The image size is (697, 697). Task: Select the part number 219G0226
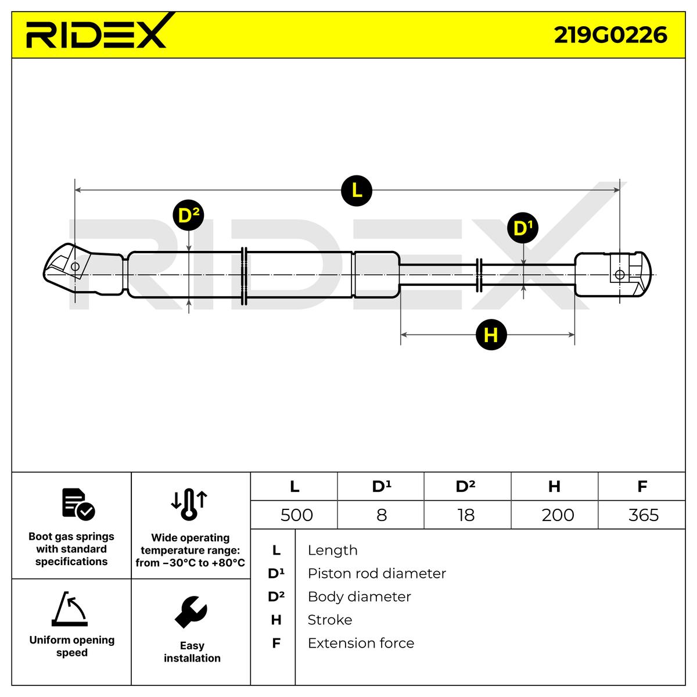tap(610, 35)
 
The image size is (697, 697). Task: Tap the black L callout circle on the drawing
tap(357, 190)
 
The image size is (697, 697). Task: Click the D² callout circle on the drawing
tap(188, 216)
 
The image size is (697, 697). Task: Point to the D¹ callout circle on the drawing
tap(523, 228)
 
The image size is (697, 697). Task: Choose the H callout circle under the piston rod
tap(491, 335)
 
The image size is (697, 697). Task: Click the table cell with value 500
tap(296, 515)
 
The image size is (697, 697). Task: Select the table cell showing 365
tap(643, 515)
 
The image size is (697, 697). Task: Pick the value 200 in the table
tap(557, 515)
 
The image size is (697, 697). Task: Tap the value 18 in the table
tap(466, 515)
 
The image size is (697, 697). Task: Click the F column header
tap(642, 486)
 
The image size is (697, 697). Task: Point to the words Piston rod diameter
tap(376, 573)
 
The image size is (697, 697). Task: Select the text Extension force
tap(361, 643)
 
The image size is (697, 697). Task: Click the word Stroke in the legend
tap(329, 620)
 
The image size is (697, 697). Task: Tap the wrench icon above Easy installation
tap(191, 612)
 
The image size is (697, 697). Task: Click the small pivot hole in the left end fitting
tap(74, 267)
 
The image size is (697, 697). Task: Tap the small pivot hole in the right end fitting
tap(620, 275)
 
